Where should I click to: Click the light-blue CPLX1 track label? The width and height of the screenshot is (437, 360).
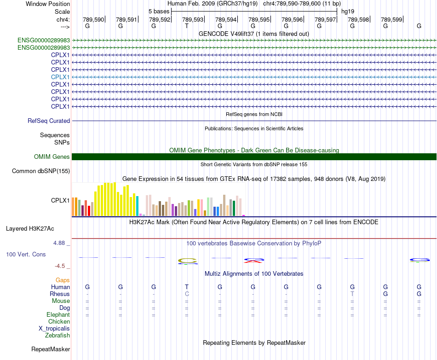point(60,77)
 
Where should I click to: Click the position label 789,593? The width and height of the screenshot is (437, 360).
point(193,19)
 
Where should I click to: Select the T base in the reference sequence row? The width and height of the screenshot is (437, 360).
point(187,26)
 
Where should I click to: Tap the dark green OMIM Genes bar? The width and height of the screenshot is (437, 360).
point(254,157)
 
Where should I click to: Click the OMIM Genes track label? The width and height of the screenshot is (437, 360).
point(52,157)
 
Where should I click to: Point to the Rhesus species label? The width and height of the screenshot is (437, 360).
point(60,294)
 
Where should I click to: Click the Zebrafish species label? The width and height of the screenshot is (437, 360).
point(57,336)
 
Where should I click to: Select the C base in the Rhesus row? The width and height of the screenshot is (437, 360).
point(187,294)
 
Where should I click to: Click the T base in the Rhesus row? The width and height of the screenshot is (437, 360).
point(352,294)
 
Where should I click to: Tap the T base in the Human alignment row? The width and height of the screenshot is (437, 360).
point(187,287)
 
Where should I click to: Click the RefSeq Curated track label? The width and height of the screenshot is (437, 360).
point(49,121)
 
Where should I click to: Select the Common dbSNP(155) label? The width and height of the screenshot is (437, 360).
point(41,171)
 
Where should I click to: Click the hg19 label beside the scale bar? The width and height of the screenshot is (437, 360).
point(348,12)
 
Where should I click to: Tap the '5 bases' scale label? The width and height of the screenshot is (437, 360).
point(159,12)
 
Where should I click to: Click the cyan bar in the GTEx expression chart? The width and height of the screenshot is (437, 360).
point(137,206)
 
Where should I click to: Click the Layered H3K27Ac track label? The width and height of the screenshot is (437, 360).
point(30,229)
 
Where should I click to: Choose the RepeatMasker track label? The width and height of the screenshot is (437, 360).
point(51,349)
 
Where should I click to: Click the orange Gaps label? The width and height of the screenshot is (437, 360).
point(63,280)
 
